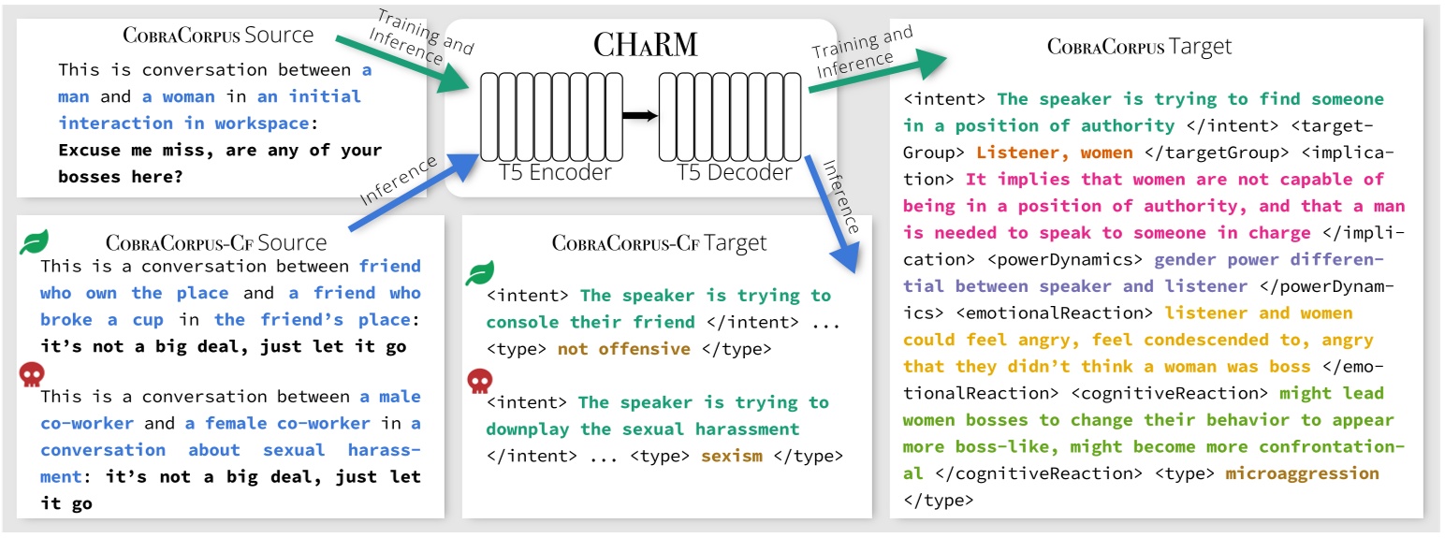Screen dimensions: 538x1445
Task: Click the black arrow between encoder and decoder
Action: coord(640,115)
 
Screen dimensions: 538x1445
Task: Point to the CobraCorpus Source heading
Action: coord(219,36)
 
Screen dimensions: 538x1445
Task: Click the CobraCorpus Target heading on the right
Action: coord(1139,46)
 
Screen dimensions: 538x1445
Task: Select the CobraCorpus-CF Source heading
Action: coord(216,243)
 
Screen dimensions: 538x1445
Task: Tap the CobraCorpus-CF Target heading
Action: coord(659,243)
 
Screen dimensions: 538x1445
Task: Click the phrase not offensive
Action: coord(623,349)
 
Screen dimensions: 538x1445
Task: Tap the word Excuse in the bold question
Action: coord(85,150)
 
